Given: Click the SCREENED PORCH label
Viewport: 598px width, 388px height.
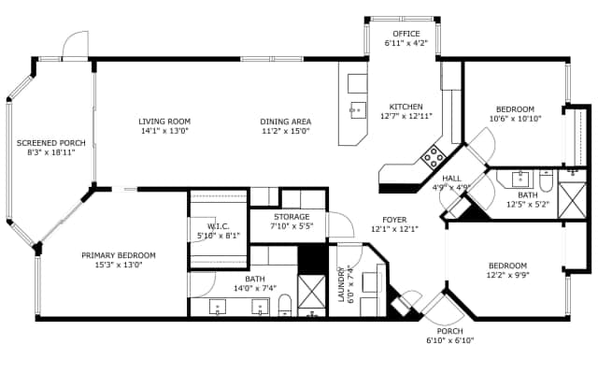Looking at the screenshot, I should click(51, 143).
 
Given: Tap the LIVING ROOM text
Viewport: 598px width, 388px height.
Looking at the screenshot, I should click(164, 121).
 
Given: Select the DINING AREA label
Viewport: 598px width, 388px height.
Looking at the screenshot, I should click(286, 122).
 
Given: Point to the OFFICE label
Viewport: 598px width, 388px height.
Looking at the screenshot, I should click(406, 34).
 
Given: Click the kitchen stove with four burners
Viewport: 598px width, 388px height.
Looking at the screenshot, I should click(433, 154).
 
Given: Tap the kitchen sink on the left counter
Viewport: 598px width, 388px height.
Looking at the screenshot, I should click(358, 110).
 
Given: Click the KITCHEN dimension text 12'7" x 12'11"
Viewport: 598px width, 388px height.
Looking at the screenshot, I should click(406, 117).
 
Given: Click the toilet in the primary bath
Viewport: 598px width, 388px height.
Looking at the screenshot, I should click(286, 304).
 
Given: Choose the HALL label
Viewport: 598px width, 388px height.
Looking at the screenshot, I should click(451, 178).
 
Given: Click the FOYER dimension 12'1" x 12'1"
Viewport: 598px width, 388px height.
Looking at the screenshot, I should click(394, 229).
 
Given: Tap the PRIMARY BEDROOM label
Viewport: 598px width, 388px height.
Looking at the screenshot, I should click(118, 255).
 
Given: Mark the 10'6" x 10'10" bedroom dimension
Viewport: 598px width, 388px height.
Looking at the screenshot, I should click(515, 119).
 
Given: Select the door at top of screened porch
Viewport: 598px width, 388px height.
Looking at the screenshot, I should click(74, 47).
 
